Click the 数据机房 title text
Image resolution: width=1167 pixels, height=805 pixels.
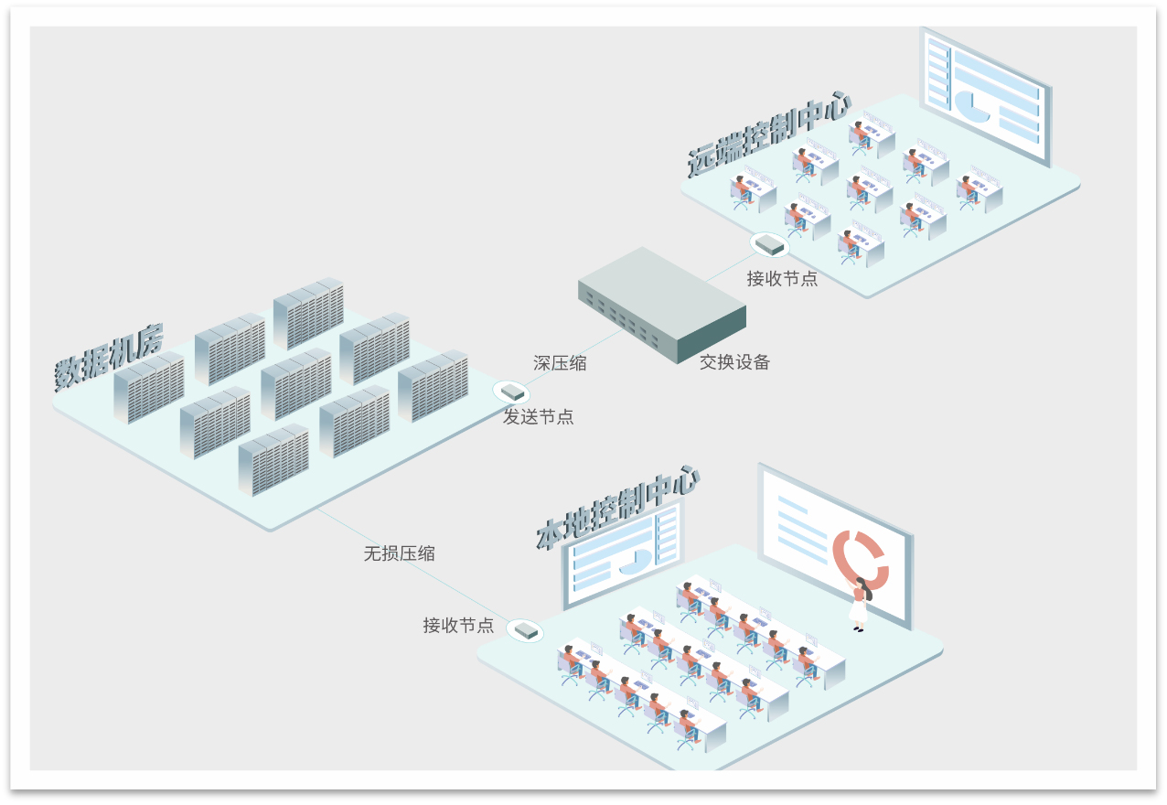[x=108, y=358]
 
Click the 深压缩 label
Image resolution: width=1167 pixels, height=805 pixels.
[x=560, y=363]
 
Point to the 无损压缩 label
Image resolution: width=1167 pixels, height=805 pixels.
[x=399, y=553]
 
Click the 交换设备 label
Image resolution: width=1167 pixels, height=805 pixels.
[x=734, y=362]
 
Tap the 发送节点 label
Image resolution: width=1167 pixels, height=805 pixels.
[x=539, y=417]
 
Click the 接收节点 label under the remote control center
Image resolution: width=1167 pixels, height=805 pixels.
[x=782, y=279]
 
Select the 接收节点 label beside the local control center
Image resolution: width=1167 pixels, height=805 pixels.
[x=458, y=626]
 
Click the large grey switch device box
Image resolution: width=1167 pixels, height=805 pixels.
[x=660, y=303]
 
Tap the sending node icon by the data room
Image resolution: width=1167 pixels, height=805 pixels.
[x=512, y=392]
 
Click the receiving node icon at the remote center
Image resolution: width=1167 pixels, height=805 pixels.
[x=769, y=244]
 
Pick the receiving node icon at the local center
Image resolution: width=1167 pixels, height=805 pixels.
[x=525, y=630]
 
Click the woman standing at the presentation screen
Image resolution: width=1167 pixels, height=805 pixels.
[x=859, y=603]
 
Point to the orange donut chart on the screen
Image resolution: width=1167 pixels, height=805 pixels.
[x=860, y=557]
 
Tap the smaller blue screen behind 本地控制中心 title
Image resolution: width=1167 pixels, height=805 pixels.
[x=622, y=554]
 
